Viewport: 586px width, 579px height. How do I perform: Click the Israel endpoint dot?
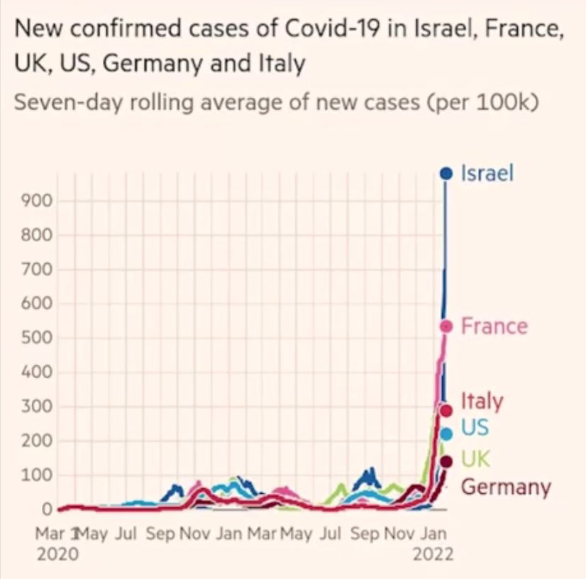(446, 172)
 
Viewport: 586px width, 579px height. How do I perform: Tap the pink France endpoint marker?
(446, 326)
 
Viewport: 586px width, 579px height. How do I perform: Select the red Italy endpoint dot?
(446, 410)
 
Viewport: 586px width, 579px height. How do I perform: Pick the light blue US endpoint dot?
(446, 434)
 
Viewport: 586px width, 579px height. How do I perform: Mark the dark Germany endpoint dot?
(446, 462)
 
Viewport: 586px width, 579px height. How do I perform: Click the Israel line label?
(487, 173)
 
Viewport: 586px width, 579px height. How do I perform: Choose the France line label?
(494, 326)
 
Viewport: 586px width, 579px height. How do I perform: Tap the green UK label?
(475, 458)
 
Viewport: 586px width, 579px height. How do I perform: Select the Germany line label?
(506, 487)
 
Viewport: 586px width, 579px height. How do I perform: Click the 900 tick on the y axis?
(40, 201)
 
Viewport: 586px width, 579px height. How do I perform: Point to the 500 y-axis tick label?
(40, 338)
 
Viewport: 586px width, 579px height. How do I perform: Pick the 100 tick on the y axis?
(40, 475)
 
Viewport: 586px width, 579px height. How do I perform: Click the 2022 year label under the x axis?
(433, 553)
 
